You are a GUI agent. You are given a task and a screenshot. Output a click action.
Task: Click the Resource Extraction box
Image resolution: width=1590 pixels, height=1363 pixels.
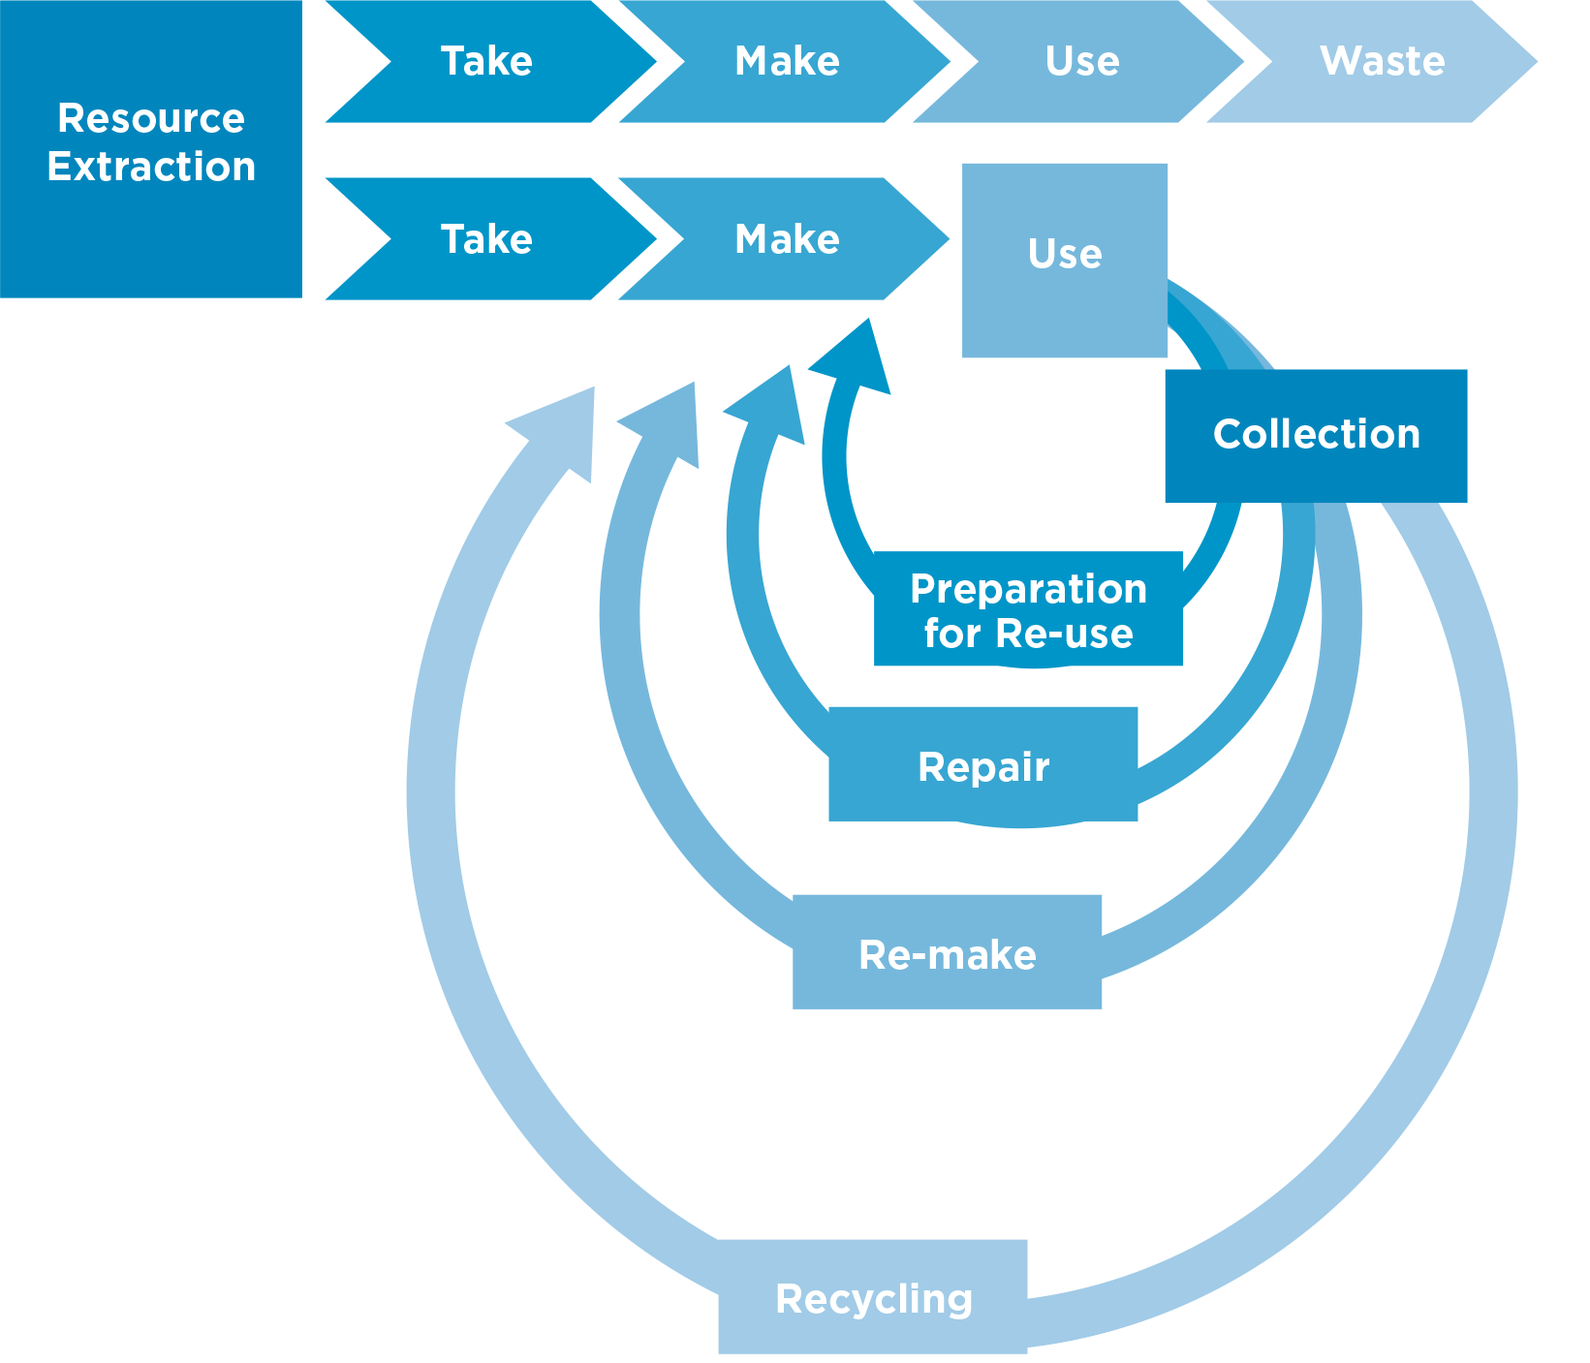[x=150, y=148]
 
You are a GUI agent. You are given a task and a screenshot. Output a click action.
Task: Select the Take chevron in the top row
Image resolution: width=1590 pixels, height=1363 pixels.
[x=486, y=61]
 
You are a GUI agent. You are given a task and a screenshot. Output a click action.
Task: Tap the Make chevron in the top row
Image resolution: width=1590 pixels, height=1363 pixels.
[x=787, y=61]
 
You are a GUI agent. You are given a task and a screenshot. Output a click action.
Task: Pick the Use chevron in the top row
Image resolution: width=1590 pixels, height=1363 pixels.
[x=1081, y=61]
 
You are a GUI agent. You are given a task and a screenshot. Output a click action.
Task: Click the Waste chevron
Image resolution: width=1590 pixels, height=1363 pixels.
[x=1382, y=61]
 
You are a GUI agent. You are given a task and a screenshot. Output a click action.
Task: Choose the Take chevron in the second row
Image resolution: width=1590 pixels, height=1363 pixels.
[x=486, y=238]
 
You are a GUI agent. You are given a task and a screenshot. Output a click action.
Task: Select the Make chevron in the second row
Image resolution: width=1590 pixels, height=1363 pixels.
[x=787, y=238]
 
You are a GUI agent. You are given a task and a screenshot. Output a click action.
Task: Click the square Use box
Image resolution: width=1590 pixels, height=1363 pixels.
[x=1064, y=260]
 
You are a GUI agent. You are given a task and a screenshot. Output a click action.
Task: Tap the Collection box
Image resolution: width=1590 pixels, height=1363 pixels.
[x=1316, y=435]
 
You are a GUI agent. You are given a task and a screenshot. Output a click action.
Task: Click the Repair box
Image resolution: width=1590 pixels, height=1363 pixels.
[x=982, y=764]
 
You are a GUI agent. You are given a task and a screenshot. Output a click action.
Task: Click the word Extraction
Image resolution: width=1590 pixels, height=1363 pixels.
[x=151, y=168]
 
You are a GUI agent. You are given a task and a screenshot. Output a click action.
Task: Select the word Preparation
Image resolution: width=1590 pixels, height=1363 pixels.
[x=1028, y=589]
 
